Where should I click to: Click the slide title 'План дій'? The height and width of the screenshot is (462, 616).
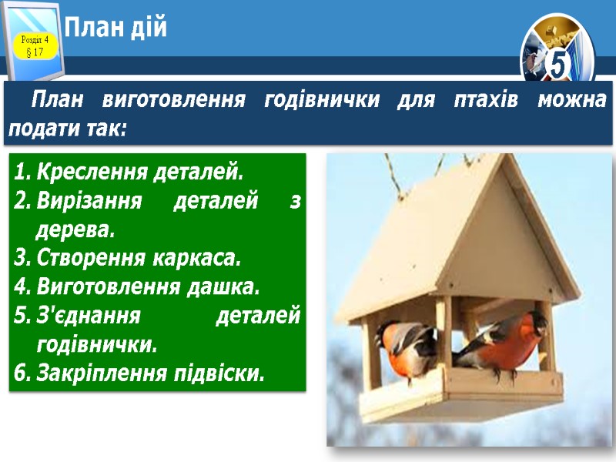[115, 29]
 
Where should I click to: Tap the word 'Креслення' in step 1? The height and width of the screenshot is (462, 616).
[84, 169]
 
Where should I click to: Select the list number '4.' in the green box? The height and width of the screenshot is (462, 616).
[22, 288]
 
